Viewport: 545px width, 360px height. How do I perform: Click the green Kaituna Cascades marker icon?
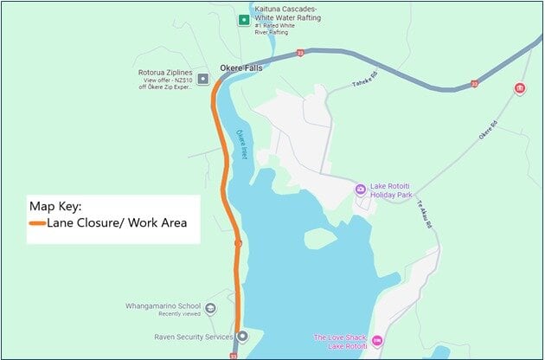point(244,19)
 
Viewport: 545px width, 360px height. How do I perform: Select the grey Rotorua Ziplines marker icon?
point(202,79)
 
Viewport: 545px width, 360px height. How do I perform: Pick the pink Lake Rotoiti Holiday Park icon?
point(361,190)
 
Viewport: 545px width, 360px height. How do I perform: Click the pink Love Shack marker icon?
point(375,338)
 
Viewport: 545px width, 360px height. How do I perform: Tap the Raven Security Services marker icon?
point(242,336)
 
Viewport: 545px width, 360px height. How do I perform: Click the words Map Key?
point(55,207)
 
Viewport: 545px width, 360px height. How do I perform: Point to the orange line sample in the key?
point(37,223)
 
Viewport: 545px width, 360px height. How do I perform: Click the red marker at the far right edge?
point(519,88)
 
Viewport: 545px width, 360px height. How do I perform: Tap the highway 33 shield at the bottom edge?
point(234,355)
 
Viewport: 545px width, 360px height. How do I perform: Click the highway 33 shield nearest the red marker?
point(474,84)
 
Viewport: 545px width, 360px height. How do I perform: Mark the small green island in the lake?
point(319,238)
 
